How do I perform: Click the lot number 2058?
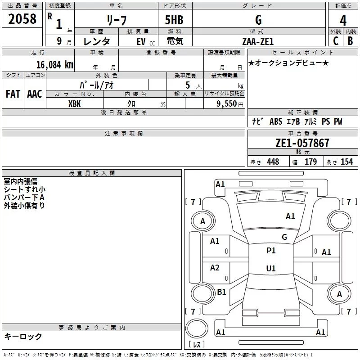tap(22, 18)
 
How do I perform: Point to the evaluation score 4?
tap(343, 20)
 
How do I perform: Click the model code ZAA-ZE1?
tap(258, 41)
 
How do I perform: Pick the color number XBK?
tap(75, 103)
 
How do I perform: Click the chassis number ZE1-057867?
tap(302, 143)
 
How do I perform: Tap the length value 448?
tap(273, 162)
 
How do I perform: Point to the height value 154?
tap(346, 162)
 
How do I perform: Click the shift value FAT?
tap(13, 94)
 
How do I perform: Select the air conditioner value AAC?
tap(35, 94)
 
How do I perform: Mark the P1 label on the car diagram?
tap(271, 251)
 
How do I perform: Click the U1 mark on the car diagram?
tap(271, 269)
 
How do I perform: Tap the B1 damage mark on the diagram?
tap(221, 292)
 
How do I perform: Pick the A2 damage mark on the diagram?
tap(215, 268)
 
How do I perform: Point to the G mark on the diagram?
tap(284, 237)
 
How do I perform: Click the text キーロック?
tap(23, 336)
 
